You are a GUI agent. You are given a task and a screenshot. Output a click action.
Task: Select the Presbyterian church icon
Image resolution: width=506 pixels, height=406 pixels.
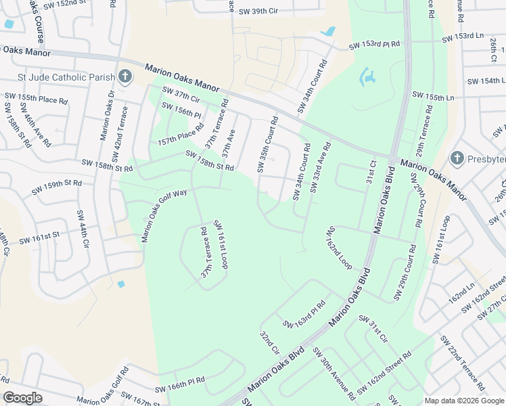(457, 158)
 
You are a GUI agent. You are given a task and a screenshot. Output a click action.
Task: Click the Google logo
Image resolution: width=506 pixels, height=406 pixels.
(23, 398)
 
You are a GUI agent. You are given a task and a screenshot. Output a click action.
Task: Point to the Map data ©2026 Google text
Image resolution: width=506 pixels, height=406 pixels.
(463, 401)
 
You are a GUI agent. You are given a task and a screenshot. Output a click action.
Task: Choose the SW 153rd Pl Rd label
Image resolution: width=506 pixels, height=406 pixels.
(375, 45)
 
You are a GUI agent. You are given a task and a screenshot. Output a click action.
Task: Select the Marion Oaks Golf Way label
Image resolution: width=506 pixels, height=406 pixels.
(164, 215)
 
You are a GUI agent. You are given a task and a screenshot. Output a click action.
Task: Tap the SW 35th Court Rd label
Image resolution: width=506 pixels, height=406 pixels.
(268, 143)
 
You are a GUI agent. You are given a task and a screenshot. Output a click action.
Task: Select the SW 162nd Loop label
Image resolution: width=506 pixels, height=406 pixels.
(340, 248)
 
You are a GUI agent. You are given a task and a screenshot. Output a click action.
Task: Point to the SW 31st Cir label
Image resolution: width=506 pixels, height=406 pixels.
(373, 328)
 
